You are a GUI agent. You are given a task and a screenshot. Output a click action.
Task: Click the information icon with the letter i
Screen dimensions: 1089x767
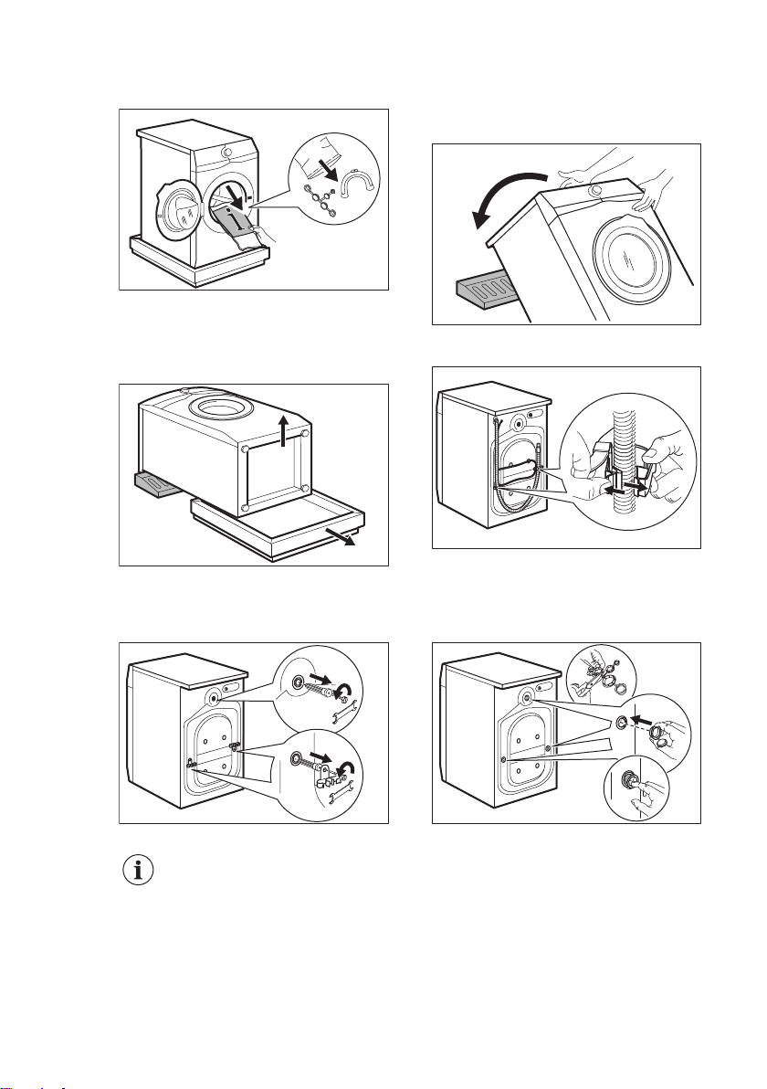(x=139, y=871)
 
